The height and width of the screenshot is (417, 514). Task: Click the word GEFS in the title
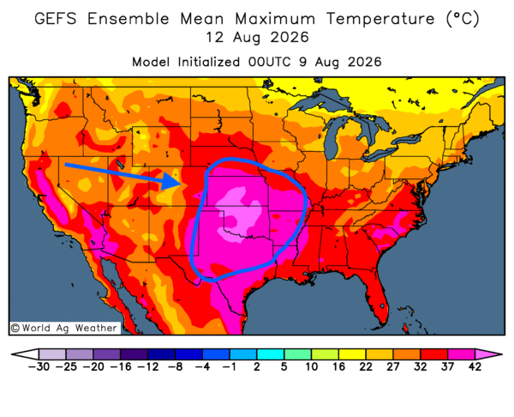(x=56, y=18)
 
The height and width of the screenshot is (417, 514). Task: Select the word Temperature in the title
(x=380, y=18)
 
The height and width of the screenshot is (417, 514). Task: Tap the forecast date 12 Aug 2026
(x=257, y=38)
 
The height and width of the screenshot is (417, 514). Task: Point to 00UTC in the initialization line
(x=270, y=62)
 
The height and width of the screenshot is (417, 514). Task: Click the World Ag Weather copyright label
(x=64, y=328)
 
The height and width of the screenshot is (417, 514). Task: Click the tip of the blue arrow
(x=180, y=184)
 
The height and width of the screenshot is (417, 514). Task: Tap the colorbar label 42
(x=475, y=366)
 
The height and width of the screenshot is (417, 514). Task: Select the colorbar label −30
(x=39, y=366)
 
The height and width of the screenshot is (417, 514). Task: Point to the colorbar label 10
(x=312, y=366)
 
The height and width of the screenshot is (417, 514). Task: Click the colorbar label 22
(x=366, y=366)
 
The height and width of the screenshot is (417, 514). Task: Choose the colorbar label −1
(x=229, y=366)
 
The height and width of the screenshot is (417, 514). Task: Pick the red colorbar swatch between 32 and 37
(x=434, y=354)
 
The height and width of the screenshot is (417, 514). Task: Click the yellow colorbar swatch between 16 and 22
(x=352, y=354)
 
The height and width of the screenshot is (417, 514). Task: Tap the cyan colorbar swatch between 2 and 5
(x=271, y=354)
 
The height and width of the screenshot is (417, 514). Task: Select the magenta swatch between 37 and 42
(x=461, y=354)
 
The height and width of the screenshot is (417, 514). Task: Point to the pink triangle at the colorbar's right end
(x=487, y=354)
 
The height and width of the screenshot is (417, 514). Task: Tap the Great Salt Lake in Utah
(x=120, y=164)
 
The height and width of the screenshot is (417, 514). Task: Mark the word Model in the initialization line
(x=151, y=62)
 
